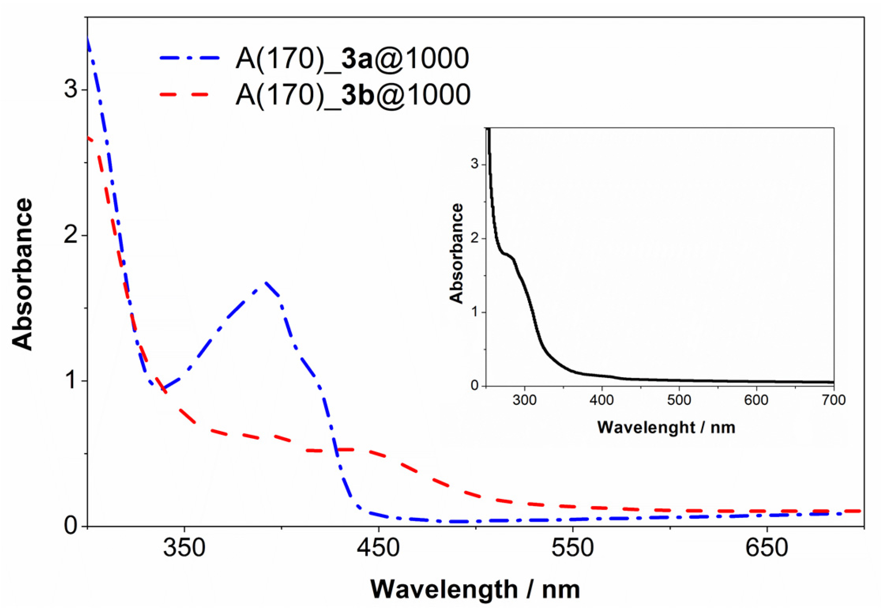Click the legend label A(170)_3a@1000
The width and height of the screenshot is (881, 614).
[352, 59]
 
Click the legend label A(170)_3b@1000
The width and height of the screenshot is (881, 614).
[353, 95]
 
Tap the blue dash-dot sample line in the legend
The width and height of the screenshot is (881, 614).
[190, 58]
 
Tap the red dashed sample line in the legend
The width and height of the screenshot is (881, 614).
[185, 94]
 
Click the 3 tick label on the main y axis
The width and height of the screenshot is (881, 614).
[71, 89]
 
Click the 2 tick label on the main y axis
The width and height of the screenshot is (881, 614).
[71, 235]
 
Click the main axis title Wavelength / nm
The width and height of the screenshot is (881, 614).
[475, 589]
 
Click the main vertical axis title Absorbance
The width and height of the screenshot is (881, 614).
[22, 274]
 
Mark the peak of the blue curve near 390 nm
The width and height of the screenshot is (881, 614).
[264, 283]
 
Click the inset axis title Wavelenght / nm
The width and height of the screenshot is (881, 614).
[666, 428]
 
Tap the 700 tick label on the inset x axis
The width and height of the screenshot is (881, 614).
[834, 400]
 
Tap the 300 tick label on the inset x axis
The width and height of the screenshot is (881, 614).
[525, 400]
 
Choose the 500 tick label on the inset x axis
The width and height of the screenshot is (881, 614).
[679, 400]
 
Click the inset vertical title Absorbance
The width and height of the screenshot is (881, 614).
[456, 253]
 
